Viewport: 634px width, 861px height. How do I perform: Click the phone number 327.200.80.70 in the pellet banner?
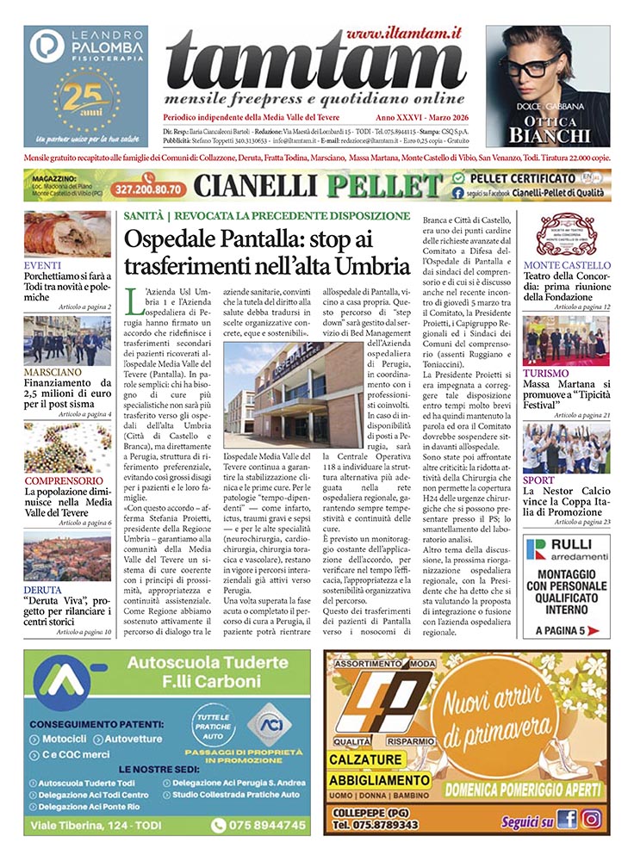(145, 186)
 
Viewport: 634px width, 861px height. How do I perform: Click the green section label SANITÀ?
(142, 215)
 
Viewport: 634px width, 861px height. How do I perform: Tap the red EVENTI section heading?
(42, 265)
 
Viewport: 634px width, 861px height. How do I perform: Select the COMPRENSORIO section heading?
(65, 480)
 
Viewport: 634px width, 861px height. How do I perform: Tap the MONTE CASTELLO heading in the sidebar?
(566, 265)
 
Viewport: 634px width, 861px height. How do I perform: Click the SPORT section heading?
(540, 480)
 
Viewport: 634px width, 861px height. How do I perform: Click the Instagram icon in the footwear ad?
(591, 820)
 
